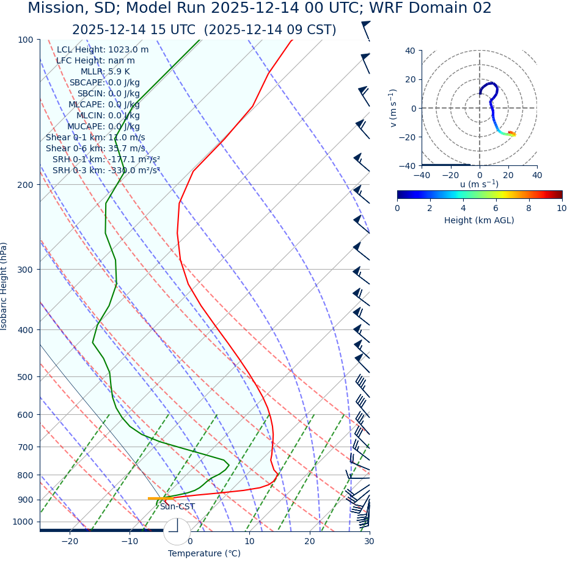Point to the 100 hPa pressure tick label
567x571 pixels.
(25, 40)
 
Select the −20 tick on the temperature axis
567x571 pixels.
(70, 541)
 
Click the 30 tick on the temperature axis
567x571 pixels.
(369, 541)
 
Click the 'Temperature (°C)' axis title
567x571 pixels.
(204, 554)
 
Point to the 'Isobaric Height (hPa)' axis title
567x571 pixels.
(5, 286)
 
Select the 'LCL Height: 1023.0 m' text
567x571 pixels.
(103, 50)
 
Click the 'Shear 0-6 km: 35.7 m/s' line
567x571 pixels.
(95, 149)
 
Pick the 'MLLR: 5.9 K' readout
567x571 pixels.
(105, 72)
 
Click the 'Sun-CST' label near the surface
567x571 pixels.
(177, 507)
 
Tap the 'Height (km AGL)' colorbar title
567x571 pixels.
(479, 220)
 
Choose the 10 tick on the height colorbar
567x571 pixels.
(561, 208)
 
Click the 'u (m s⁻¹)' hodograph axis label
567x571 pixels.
(479, 184)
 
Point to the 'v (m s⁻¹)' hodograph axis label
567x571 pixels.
(393, 108)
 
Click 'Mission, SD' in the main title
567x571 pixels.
(68, 9)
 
